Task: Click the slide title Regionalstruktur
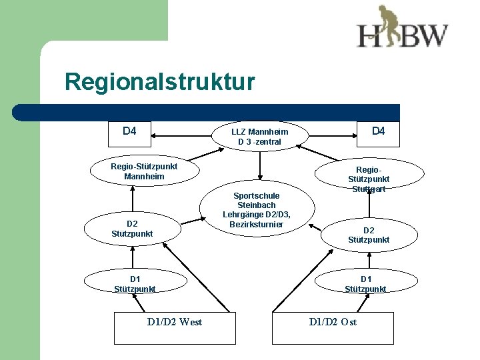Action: point(159,83)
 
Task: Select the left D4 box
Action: point(130,134)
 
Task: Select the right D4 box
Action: point(378,134)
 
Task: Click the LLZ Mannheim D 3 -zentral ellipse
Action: point(259,137)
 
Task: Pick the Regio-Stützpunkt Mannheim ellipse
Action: point(144,171)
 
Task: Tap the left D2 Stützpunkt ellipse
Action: point(132,229)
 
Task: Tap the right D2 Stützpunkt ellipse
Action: point(369,235)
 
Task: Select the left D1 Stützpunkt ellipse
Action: point(135,283)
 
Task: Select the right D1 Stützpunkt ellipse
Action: point(366,283)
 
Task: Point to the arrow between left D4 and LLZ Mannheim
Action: point(182,136)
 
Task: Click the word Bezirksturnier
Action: point(257,224)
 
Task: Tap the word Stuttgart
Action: point(369,189)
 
